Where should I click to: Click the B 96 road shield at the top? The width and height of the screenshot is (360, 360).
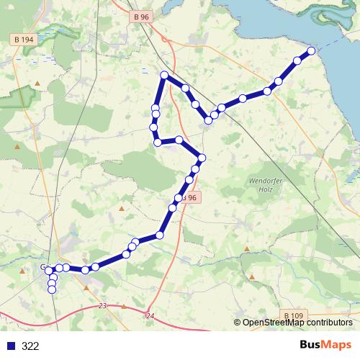point(140,17)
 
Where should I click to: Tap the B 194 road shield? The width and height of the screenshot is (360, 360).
point(24,39)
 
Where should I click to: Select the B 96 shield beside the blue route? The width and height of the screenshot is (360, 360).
point(189,197)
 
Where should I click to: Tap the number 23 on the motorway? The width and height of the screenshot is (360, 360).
point(103,306)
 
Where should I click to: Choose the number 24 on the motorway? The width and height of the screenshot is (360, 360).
point(150,316)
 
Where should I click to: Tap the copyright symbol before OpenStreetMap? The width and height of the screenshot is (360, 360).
point(238,323)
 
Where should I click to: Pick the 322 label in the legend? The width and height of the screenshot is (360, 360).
point(30,346)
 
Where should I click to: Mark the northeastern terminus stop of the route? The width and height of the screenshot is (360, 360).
point(312,50)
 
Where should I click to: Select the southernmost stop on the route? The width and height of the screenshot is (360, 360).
point(52,290)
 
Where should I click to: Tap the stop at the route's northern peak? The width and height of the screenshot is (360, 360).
point(164,75)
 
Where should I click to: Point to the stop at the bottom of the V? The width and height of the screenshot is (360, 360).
point(208,120)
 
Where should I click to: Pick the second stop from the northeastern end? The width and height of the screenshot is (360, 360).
point(297,60)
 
